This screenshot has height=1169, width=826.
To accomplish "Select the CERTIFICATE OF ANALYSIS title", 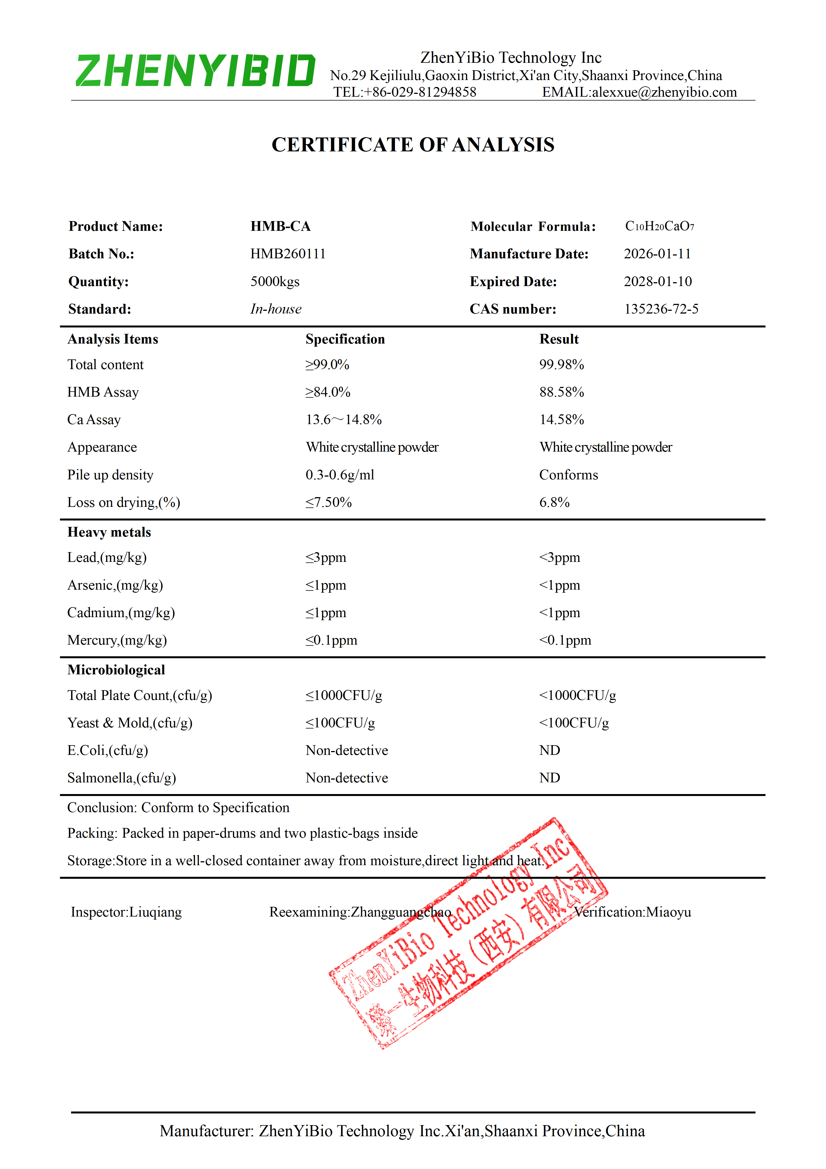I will pyautogui.click(x=413, y=145).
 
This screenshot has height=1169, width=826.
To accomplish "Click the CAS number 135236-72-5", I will pyautogui.click(x=661, y=309).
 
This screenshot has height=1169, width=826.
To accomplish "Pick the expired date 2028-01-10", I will pyautogui.click(x=658, y=282).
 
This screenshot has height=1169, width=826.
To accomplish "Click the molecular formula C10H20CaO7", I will pyautogui.click(x=659, y=226).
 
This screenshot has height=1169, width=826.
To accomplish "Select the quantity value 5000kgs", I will pyautogui.click(x=275, y=282).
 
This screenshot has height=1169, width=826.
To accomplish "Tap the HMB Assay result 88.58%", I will pyautogui.click(x=561, y=392).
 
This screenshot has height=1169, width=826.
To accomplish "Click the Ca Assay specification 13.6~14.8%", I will pyautogui.click(x=344, y=420).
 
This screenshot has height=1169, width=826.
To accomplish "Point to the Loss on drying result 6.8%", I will pyautogui.click(x=554, y=502).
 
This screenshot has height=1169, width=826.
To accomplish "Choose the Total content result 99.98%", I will pyautogui.click(x=561, y=365).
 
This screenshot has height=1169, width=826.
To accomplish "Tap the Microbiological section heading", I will pyautogui.click(x=116, y=670).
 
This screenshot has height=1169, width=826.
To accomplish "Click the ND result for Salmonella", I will pyautogui.click(x=550, y=778).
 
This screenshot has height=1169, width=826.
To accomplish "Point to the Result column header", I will pyautogui.click(x=559, y=339).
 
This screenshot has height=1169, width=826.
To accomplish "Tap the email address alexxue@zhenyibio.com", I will pyautogui.click(x=664, y=92).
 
